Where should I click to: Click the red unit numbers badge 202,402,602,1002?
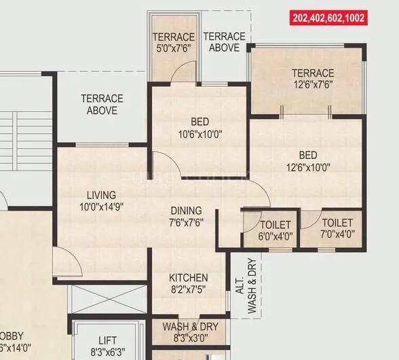(329, 18)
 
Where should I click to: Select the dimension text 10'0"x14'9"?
(101, 206)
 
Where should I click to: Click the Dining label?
(186, 210)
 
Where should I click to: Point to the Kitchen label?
(188, 278)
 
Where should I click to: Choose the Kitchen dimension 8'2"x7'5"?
(188, 290)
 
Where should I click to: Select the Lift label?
(107, 340)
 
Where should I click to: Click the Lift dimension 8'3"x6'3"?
(107, 352)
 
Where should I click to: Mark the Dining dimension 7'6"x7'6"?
(186, 221)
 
